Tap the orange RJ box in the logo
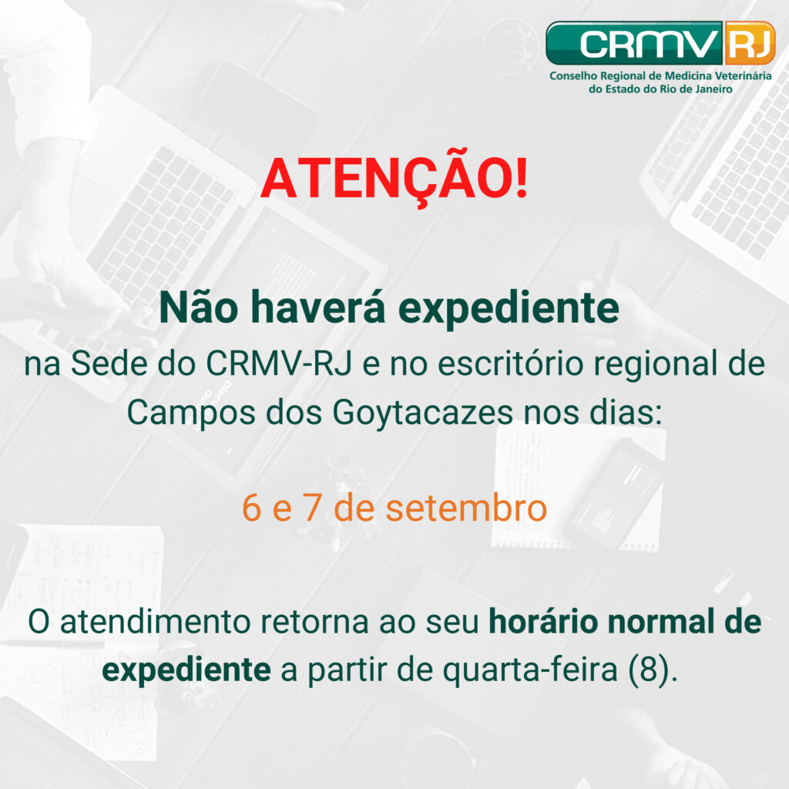tap(749, 43)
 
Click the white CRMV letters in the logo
tap(650, 44)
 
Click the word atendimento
tap(155, 623)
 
